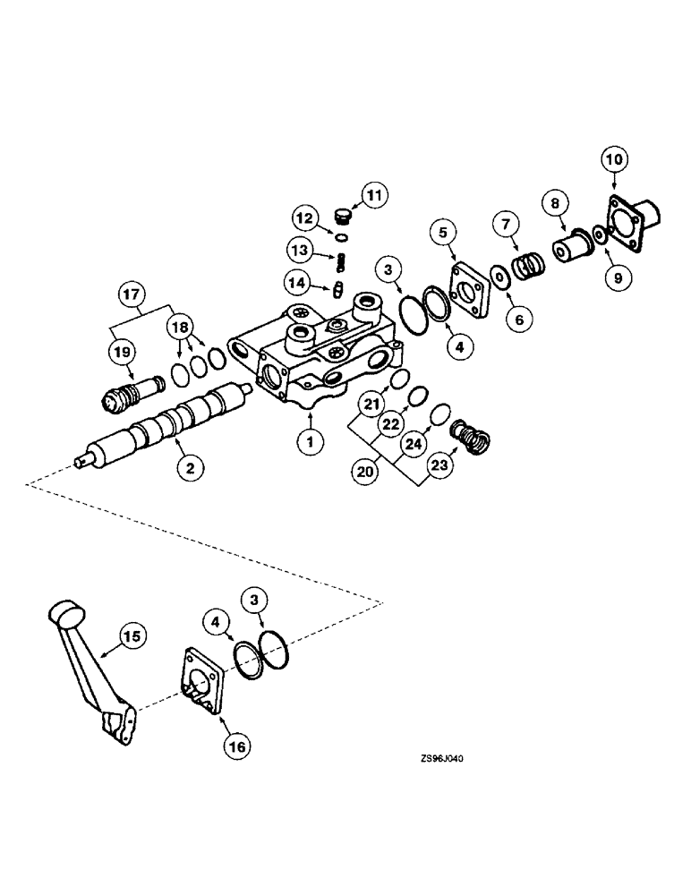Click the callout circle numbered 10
coord(613,160)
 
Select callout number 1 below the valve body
coord(308,439)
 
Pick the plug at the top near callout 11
coord(339,215)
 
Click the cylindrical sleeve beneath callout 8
coord(569,246)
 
